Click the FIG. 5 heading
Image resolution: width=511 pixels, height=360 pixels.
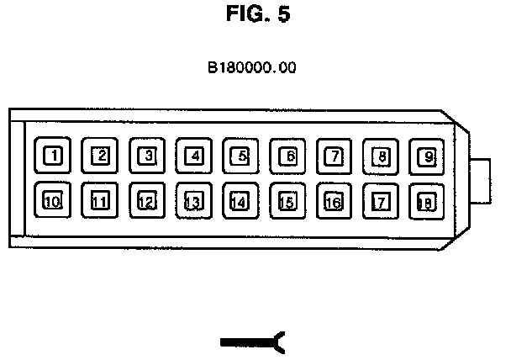tap(258, 16)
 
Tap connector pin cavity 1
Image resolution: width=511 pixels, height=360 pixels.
tap(54, 156)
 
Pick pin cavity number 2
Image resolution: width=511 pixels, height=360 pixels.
tap(101, 156)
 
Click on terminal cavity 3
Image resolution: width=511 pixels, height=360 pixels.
tap(148, 156)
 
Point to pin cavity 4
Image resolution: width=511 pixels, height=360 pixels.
tap(194, 156)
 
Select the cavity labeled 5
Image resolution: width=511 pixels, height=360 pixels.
tap(241, 156)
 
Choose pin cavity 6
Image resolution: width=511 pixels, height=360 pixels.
tap(288, 156)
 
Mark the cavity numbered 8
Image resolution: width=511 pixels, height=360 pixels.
tap(382, 156)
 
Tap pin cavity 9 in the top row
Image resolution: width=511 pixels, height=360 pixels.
tap(428, 156)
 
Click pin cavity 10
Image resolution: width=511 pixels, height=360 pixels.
tap(54, 201)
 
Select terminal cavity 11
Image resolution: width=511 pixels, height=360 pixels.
tap(101, 201)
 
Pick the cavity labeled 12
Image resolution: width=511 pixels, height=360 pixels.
tap(148, 201)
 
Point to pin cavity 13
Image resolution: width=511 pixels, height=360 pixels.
tap(194, 201)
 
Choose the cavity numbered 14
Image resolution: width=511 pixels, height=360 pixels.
tap(241, 201)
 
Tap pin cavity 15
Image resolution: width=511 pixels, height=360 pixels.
tap(288, 201)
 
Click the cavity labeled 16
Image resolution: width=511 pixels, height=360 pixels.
tap(335, 201)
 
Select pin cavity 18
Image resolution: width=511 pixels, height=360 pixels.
tap(428, 201)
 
